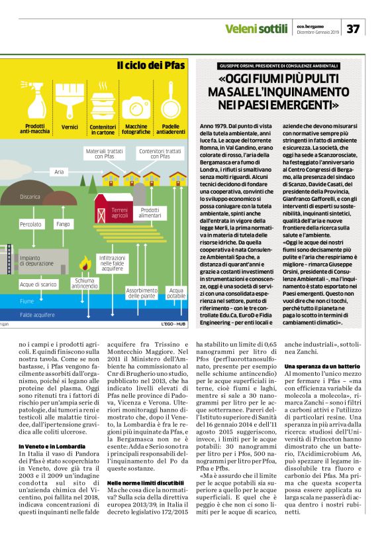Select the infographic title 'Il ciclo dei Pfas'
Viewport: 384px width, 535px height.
(151, 66)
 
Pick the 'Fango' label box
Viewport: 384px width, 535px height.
(64, 225)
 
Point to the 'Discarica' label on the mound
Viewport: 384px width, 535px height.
(30, 197)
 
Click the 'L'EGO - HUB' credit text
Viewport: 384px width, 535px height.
(173, 324)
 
